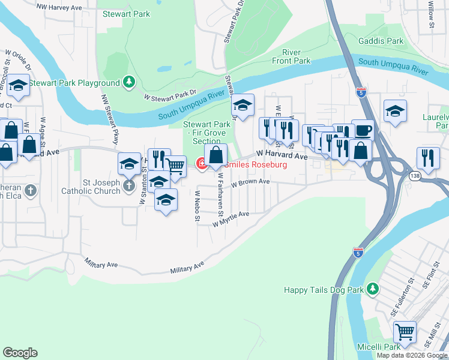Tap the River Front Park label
291,56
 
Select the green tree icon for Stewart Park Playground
128,82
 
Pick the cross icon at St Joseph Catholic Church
129,186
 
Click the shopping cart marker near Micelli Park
405,331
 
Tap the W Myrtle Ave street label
231,218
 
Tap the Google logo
20,353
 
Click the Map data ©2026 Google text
411,355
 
